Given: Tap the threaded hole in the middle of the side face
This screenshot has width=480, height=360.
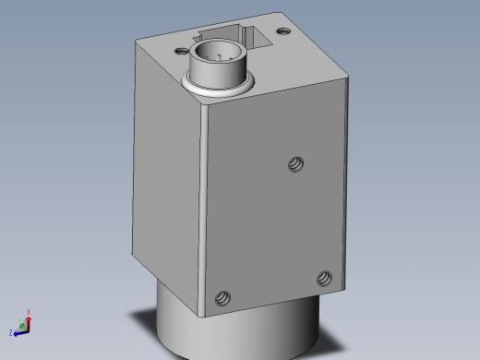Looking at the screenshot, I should [x=295, y=164].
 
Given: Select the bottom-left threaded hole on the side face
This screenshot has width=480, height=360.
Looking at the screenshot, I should [x=222, y=298].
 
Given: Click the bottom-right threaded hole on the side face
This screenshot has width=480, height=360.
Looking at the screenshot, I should [x=324, y=278].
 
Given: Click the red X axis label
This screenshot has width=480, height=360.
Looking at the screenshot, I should [x=29, y=312].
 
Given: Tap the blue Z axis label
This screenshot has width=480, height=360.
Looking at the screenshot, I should [x=11, y=331].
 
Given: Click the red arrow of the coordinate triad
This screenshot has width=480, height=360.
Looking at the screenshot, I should [x=29, y=321].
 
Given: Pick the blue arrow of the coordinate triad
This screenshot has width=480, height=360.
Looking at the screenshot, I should [x=19, y=330].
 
